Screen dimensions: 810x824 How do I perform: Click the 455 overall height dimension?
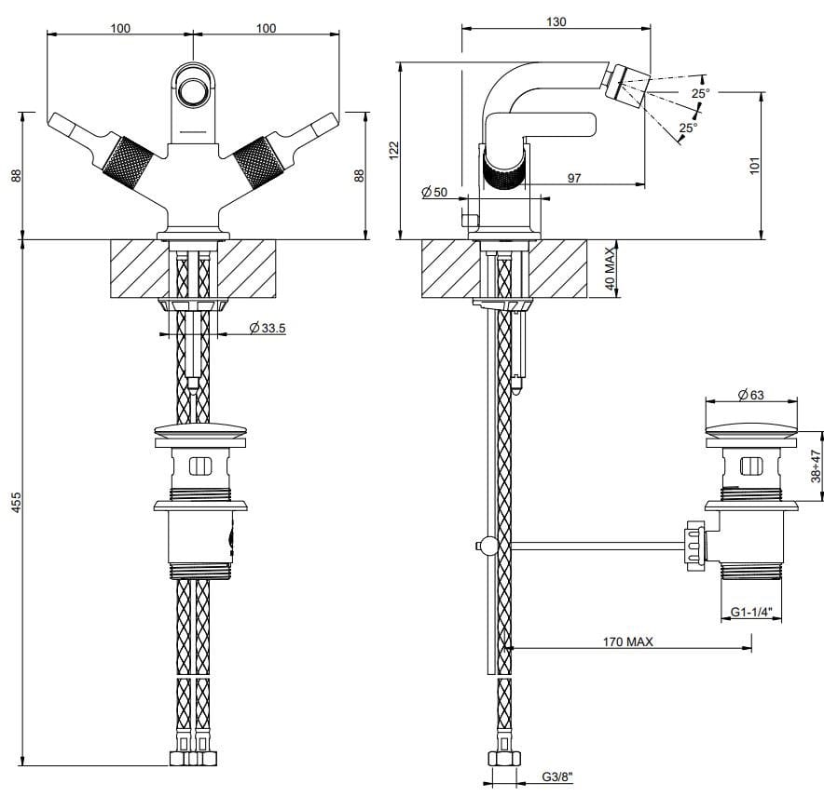[x=16, y=503]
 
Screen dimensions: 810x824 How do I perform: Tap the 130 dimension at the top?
[x=556, y=21]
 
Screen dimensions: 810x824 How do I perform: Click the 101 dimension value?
[x=755, y=165]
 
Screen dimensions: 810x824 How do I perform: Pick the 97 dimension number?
[x=574, y=178]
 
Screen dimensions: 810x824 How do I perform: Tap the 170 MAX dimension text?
[x=627, y=641]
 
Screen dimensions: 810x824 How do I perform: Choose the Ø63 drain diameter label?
[x=750, y=396]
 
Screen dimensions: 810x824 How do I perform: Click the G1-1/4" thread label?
[x=750, y=613]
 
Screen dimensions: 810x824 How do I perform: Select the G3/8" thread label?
[x=557, y=776]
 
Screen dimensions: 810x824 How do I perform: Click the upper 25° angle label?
[x=700, y=93]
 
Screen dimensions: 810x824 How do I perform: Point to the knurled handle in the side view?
[x=503, y=171]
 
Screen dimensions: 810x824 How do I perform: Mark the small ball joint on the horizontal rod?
[x=483, y=546]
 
